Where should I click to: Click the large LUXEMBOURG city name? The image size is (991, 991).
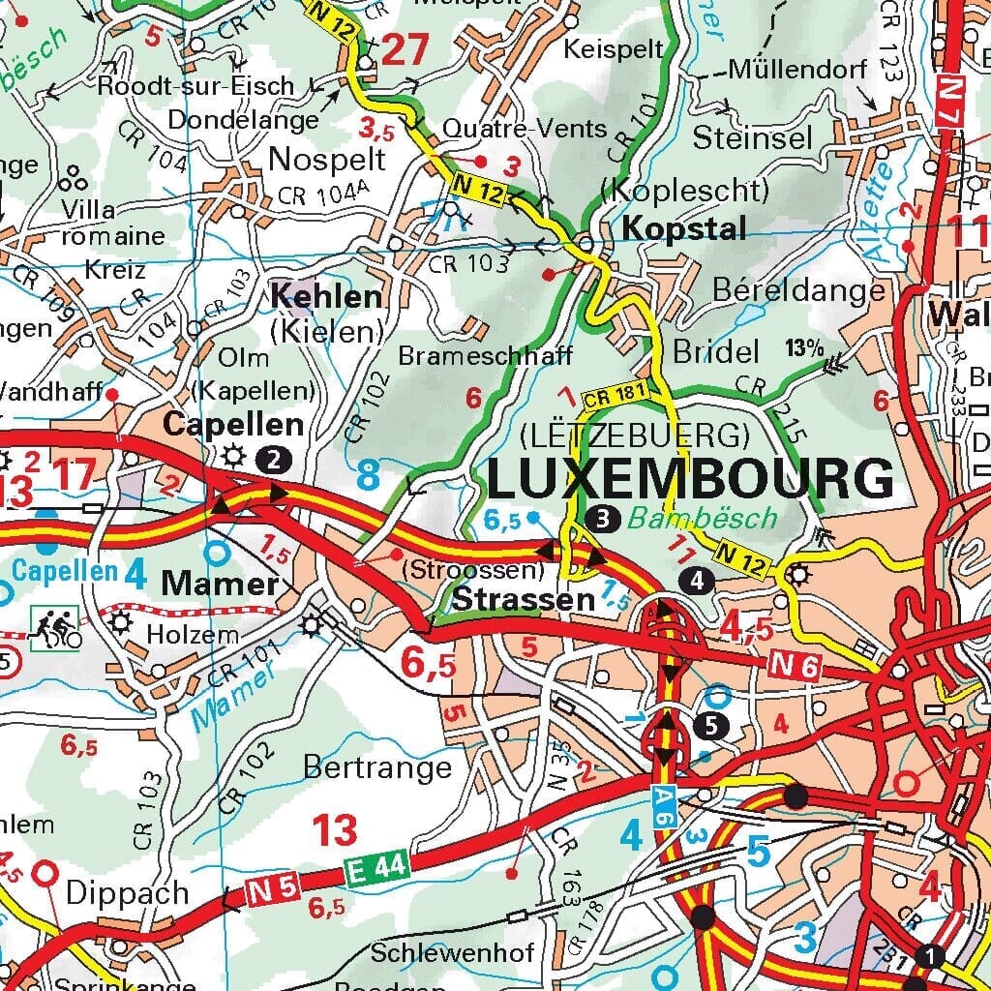tap(690, 479)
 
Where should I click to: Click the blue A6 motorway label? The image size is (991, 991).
tap(660, 801)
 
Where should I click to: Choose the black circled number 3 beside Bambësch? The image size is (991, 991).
tap(602, 519)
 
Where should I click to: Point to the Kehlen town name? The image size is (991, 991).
tap(326, 296)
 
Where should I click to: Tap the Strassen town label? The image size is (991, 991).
tap(524, 600)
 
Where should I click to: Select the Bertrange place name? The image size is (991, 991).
tap(377, 767)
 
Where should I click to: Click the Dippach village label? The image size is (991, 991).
tap(127, 893)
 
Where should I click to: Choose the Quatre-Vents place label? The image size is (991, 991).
tap(525, 129)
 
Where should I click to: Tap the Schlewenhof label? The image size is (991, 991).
tap(452, 952)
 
